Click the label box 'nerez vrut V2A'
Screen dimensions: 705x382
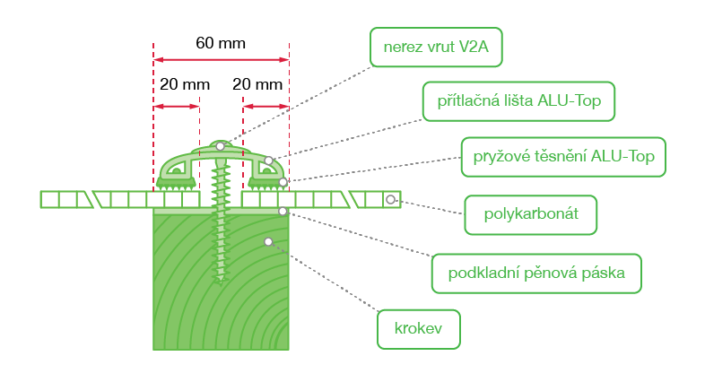pos(436,48)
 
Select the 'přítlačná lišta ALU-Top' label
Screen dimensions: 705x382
pos(518,101)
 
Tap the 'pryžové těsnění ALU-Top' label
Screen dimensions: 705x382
pos(563,157)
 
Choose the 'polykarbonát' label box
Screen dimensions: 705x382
pos(531,215)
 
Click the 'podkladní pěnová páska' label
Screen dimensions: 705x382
pos(536,273)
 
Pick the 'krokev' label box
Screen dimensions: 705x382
pos(419,329)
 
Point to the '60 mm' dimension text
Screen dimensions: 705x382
pos(221,43)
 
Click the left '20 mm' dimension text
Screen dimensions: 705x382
pos(185,84)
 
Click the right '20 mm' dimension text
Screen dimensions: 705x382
pos(257,84)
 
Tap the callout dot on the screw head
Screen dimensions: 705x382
pos(220,146)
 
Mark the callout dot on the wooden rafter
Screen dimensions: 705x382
pos(268,242)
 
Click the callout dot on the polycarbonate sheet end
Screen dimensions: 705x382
pos(390,199)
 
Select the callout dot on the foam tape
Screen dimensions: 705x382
pos(283,211)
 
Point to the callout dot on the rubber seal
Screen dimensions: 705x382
pos(283,182)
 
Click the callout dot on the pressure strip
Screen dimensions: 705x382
pos(268,161)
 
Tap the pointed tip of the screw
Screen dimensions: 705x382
pos(220,284)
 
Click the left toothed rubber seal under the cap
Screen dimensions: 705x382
pos(176,184)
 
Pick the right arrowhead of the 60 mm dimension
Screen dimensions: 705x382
pos(283,59)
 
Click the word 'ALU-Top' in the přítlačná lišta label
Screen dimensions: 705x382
pos(570,100)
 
